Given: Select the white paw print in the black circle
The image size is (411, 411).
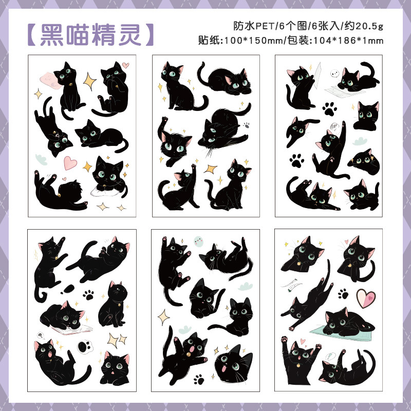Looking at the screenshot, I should [84, 348].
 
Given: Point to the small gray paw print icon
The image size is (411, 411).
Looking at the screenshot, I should [246, 124].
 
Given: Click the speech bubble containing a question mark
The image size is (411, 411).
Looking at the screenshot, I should [40, 335].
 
